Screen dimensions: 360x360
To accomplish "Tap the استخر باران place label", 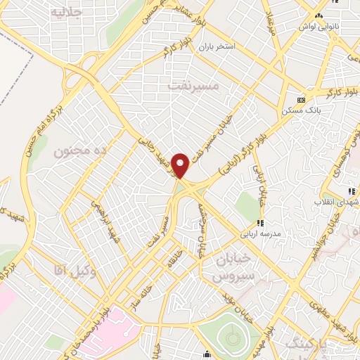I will (x=219, y=46).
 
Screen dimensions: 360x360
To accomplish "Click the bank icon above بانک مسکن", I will (x=302, y=100).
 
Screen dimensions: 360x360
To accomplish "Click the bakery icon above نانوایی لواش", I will (x=319, y=15).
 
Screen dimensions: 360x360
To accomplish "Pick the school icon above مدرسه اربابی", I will (x=260, y=223).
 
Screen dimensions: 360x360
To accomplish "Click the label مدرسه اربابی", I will (x=261, y=234).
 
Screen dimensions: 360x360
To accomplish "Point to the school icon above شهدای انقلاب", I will (x=351, y=191).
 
